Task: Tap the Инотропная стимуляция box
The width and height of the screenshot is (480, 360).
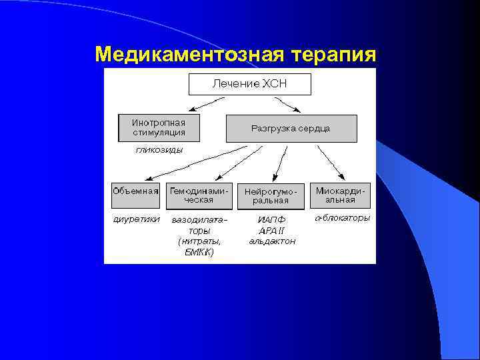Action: (159, 127)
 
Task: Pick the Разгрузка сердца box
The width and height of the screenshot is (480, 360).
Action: (291, 128)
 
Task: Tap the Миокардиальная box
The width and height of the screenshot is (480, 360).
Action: (340, 195)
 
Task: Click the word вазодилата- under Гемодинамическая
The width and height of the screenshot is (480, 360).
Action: (199, 219)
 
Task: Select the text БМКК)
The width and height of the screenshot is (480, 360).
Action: (199, 252)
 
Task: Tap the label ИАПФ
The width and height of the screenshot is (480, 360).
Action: (271, 219)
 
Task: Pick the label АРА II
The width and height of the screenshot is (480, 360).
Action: (271, 230)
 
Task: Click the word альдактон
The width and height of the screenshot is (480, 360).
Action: (271, 241)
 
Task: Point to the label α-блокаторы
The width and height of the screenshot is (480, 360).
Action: (341, 218)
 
